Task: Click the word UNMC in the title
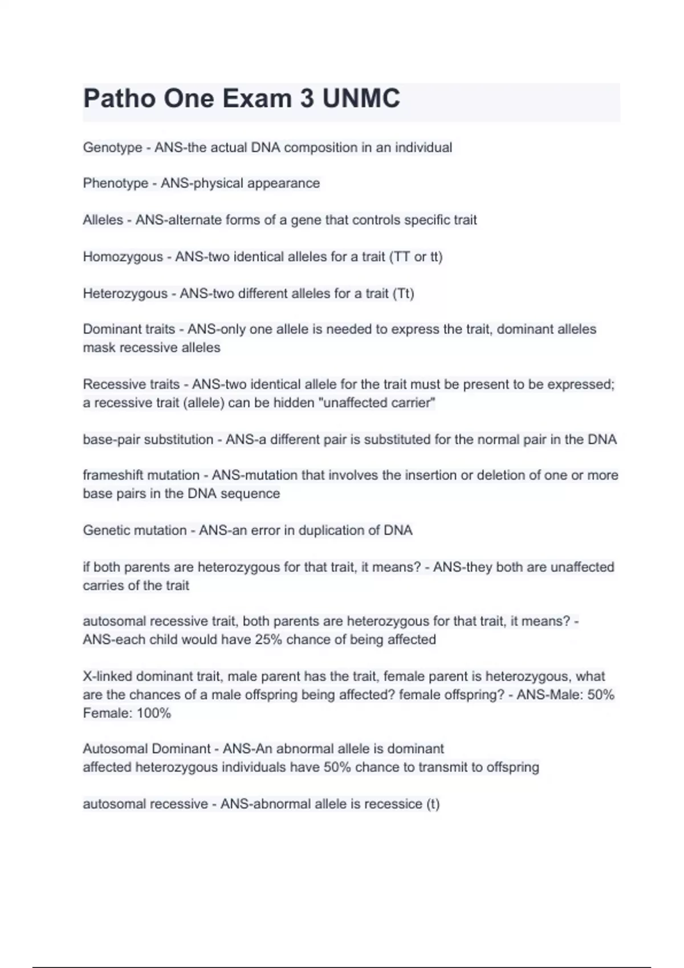point(361,99)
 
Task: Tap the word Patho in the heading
point(119,99)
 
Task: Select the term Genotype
point(112,147)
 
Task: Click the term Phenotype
point(115,183)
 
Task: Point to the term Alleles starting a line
point(103,220)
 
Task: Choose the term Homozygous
point(123,257)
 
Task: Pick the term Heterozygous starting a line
point(125,293)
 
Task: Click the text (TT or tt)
point(416,257)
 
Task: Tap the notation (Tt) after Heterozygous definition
point(403,293)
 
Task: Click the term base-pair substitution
point(148,440)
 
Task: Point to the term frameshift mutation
point(141,475)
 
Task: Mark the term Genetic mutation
point(135,530)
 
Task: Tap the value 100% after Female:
point(153,713)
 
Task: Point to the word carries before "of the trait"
point(103,585)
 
